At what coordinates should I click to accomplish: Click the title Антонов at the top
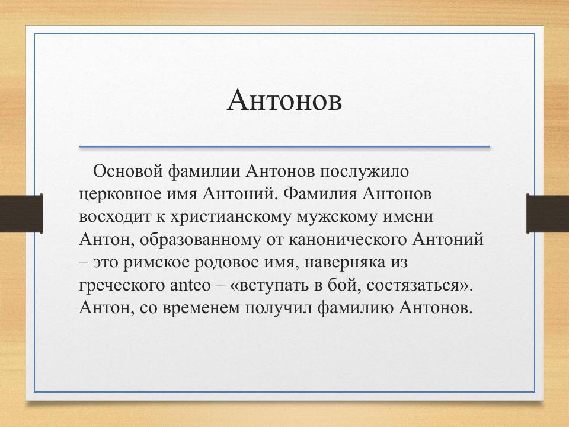(284, 100)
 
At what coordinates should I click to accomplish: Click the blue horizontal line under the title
(284, 146)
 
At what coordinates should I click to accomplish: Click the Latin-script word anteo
(191, 286)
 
